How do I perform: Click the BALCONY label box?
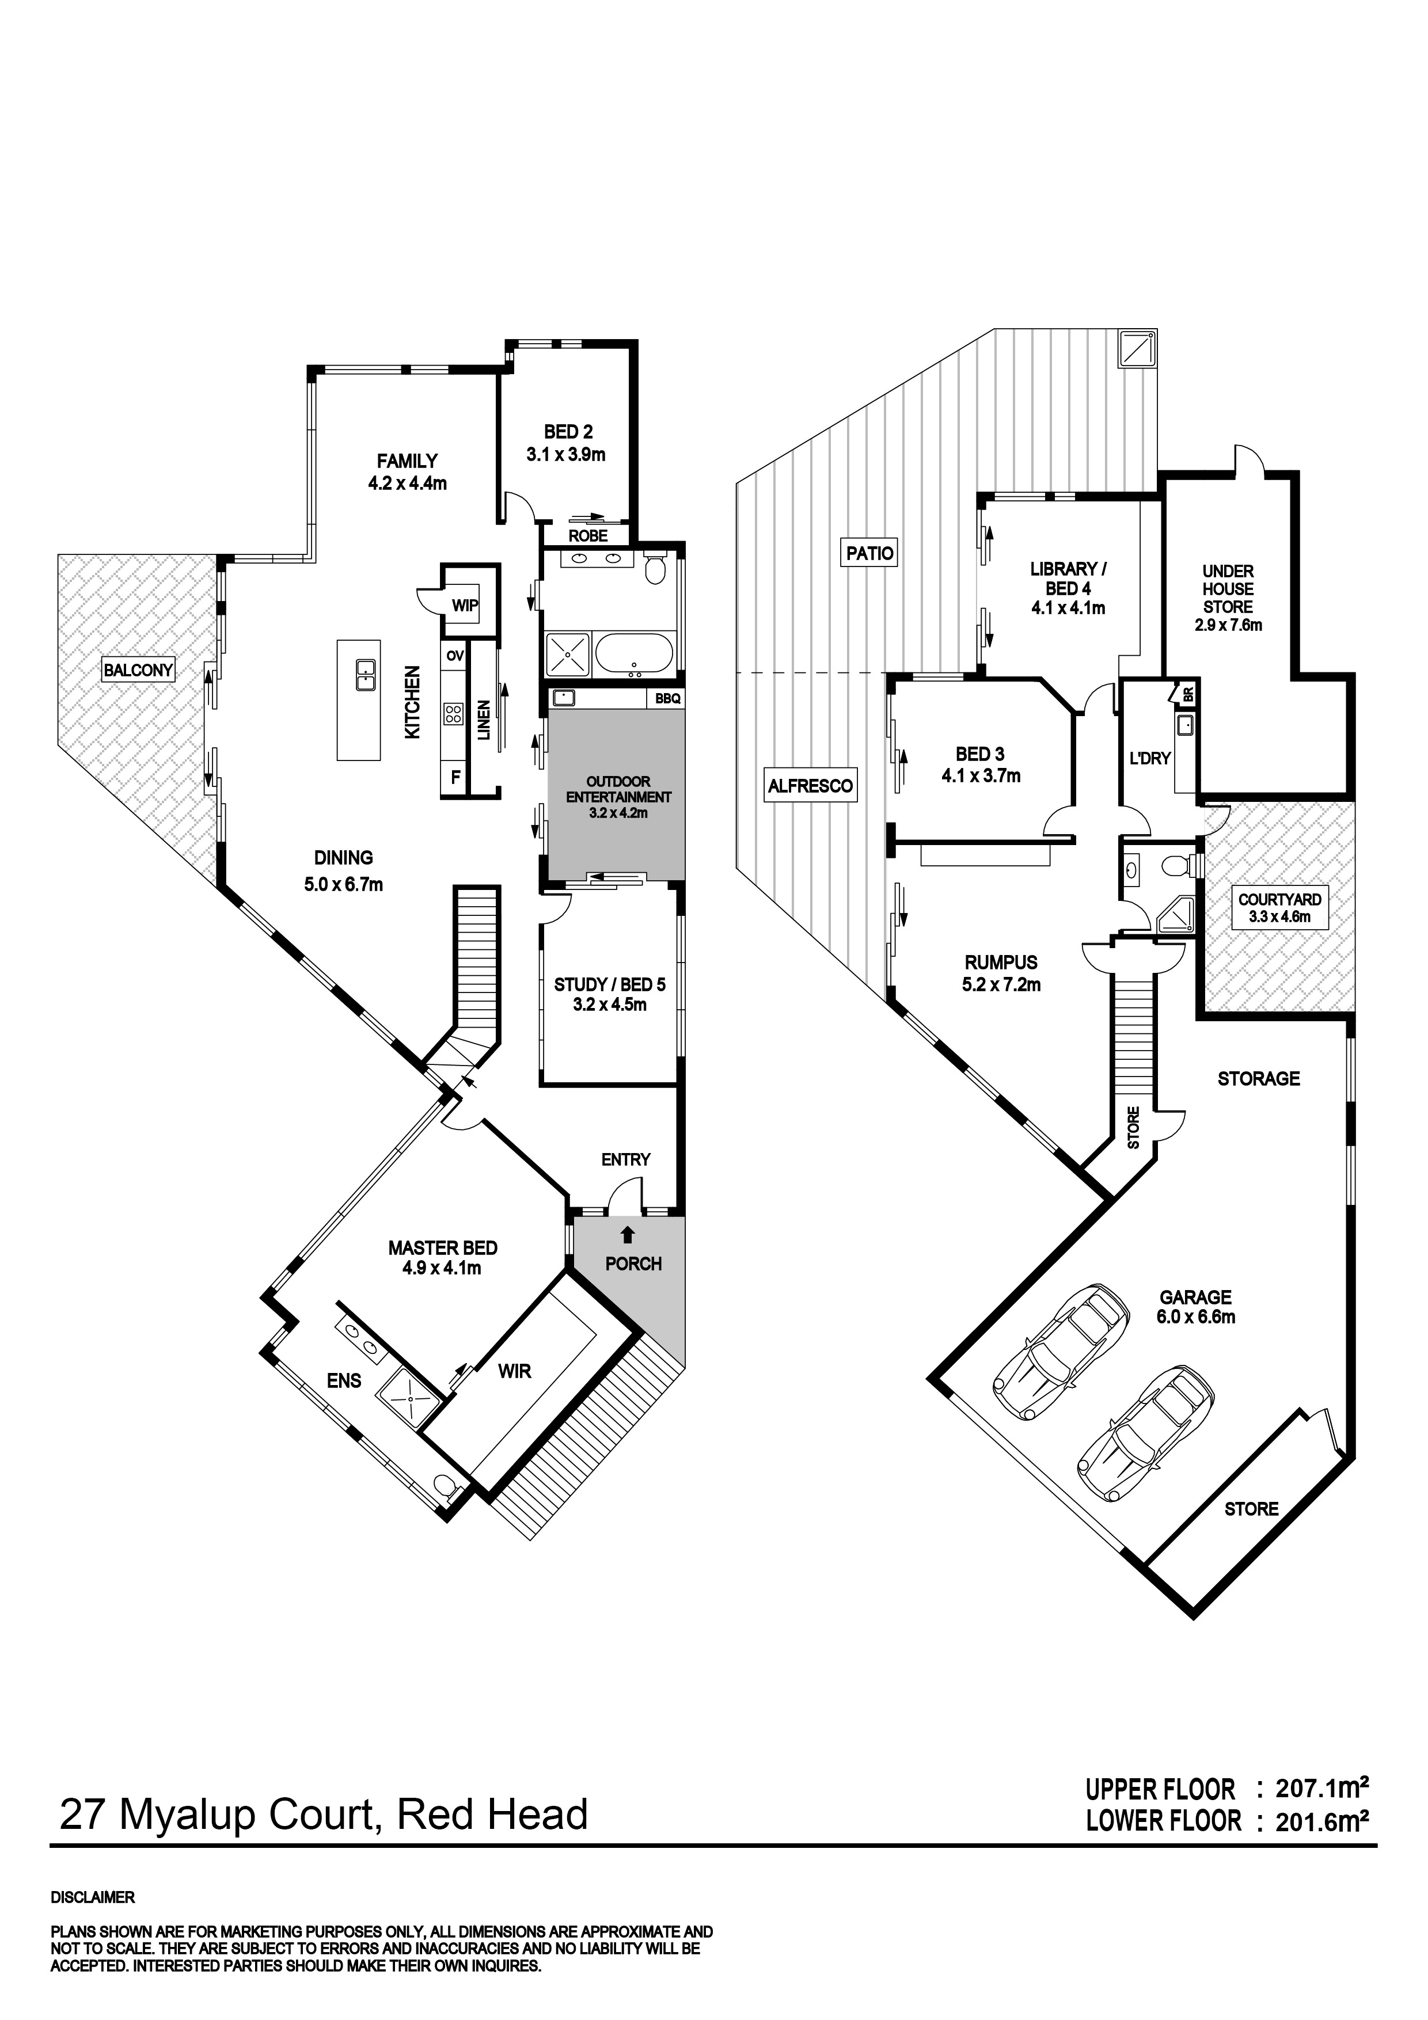coord(138,669)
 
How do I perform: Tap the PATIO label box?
coord(869,553)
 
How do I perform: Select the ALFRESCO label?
coord(810,786)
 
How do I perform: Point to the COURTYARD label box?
coord(1279,907)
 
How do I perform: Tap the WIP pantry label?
coord(465,605)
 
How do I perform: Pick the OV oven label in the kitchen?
coord(454,656)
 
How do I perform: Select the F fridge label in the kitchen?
coord(455,777)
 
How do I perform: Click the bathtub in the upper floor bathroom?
coord(633,655)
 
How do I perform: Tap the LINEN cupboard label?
coord(483,720)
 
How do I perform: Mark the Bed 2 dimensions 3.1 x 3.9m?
coord(566,455)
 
